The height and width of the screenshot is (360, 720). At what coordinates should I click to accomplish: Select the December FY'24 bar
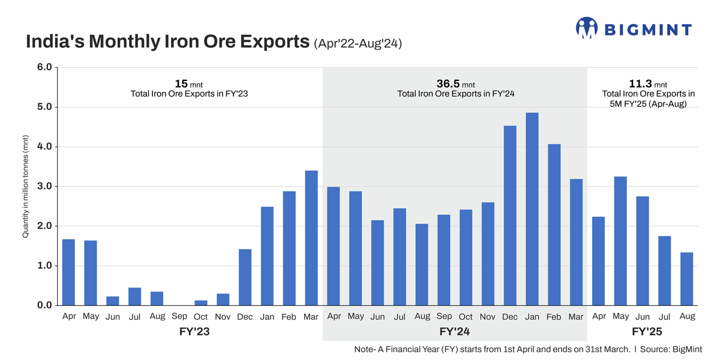click(x=510, y=215)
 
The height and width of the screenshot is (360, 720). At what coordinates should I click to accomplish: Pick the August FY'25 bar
click(x=687, y=279)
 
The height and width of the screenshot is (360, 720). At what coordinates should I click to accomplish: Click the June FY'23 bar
click(x=113, y=301)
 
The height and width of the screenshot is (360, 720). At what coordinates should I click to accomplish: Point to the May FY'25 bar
click(x=620, y=241)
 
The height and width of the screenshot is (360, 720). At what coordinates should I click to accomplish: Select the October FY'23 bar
click(x=201, y=302)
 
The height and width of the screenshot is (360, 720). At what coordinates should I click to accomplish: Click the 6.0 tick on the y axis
click(x=45, y=67)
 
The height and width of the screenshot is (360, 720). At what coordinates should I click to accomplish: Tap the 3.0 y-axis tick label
click(x=45, y=187)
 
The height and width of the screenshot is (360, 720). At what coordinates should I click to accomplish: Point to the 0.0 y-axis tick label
click(x=45, y=305)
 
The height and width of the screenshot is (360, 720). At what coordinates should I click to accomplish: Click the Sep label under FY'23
click(x=179, y=316)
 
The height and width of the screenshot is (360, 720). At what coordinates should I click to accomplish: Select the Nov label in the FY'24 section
click(x=488, y=316)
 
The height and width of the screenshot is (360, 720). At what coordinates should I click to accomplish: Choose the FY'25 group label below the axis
click(x=647, y=331)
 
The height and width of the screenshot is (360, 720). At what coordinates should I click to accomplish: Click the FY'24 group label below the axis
click(x=454, y=331)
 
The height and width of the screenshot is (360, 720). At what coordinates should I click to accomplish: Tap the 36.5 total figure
click(x=448, y=83)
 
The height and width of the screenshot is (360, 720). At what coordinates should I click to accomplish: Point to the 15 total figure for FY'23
click(x=181, y=83)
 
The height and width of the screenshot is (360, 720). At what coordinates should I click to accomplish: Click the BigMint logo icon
click(x=587, y=28)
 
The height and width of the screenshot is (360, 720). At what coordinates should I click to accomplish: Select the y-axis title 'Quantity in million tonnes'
click(x=26, y=187)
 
